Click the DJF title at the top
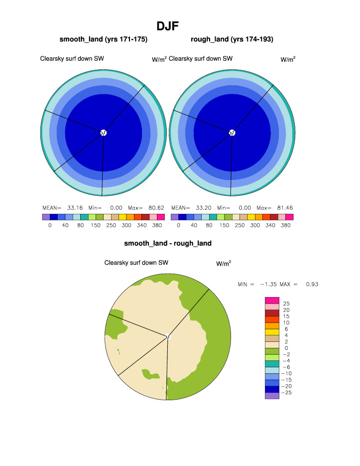click(167, 26)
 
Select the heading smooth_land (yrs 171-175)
click(104, 39)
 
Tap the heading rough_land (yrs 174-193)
click(232, 39)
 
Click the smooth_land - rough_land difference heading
click(168, 244)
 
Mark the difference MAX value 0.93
click(312, 285)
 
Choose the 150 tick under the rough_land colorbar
click(225, 225)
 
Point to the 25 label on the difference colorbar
click(286, 304)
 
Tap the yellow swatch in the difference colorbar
click(272, 332)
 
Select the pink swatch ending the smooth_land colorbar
click(161, 217)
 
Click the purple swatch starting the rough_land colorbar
click(174, 217)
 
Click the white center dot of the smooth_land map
click(104, 133)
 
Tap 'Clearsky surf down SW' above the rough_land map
click(201, 59)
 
